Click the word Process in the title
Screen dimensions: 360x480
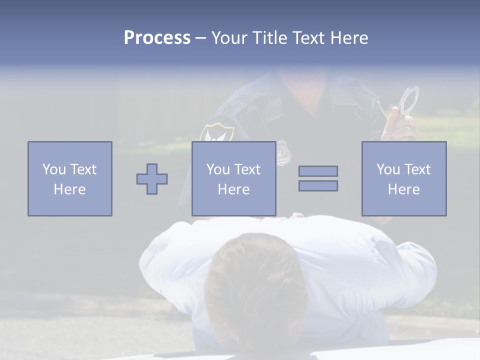(x=157, y=38)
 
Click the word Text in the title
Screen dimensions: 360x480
(x=308, y=38)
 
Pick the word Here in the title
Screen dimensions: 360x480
(x=349, y=38)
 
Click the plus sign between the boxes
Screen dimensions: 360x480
(x=152, y=179)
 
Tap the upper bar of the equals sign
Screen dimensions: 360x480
(x=318, y=171)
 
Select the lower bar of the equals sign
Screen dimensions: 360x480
(x=318, y=186)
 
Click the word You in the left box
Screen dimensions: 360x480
(x=54, y=169)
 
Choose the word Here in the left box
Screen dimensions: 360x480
(x=69, y=189)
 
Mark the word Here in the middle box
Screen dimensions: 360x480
(x=233, y=189)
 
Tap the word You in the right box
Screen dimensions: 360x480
(x=388, y=169)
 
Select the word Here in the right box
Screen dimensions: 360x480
(x=403, y=189)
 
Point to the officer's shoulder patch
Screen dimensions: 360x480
(x=216, y=133)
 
